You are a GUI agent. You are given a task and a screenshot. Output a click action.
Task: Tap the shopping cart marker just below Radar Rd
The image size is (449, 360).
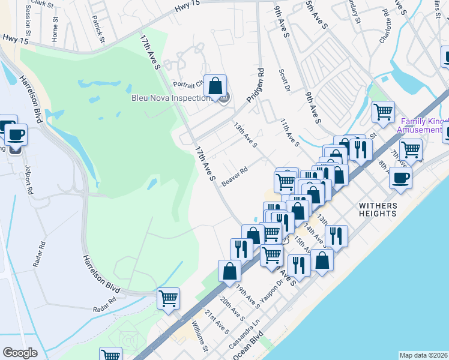click(168, 298)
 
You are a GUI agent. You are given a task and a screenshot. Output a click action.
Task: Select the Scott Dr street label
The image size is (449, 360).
click(285, 81)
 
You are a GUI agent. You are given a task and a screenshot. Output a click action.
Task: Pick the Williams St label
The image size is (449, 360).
click(199, 337)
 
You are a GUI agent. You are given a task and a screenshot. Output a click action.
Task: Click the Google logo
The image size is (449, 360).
click(20, 353)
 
